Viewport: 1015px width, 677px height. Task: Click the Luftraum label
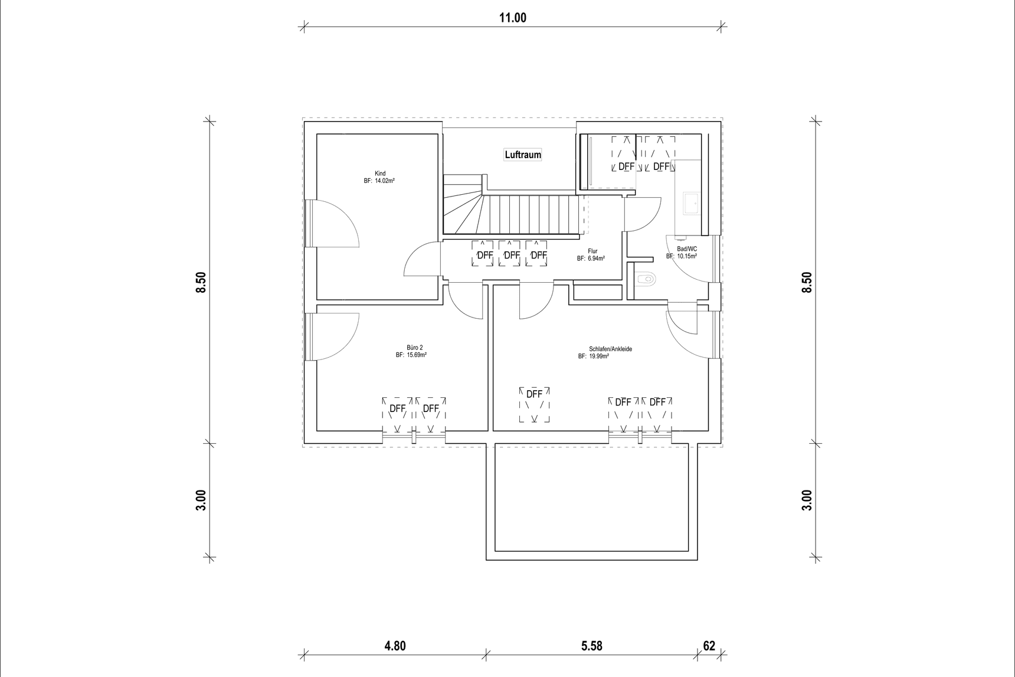523,155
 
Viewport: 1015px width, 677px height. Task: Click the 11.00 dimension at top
513,18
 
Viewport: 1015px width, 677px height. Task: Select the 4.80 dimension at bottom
395,646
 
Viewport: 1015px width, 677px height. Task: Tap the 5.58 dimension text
591,646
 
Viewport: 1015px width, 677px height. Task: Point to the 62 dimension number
709,646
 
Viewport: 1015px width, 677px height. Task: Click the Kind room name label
380,174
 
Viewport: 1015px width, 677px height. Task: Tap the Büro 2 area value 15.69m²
417,355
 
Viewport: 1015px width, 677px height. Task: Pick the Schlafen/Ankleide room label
610,349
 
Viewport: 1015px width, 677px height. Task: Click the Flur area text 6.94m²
595,259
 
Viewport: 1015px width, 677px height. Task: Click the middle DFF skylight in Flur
511,255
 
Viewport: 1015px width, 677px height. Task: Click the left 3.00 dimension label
201,500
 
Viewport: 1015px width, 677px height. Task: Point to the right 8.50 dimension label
807,282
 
